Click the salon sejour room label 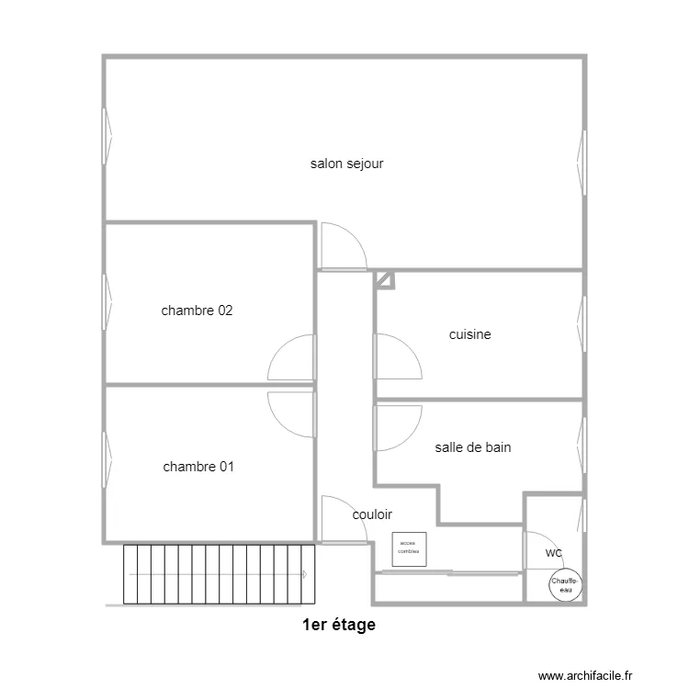coord(346,164)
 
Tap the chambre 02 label coord(197,311)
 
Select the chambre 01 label coord(198,467)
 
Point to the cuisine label coord(469,335)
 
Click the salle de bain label coord(473,448)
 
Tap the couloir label coord(372,515)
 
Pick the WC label coord(553,554)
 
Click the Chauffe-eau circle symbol coord(564,585)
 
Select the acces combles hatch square coord(409,548)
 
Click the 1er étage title coord(339,626)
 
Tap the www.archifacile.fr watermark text coord(585,675)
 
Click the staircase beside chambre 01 coord(219,574)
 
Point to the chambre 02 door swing coord(292,358)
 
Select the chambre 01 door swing coord(292,410)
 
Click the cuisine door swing coord(397,356)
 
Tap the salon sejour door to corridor coord(343,248)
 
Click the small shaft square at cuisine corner coord(385,279)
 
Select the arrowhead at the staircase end coord(303,574)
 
